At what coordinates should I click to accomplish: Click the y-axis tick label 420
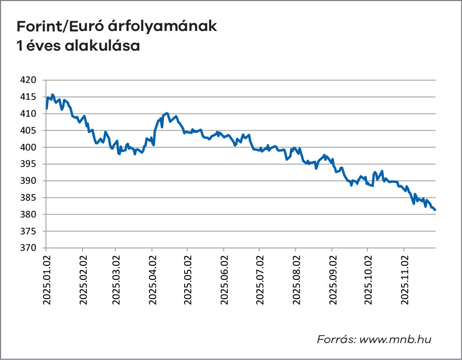pos(29,80)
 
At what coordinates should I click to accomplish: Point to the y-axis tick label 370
pos(29,248)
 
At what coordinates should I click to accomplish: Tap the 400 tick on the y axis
pos(29,148)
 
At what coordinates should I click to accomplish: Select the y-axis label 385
pos(29,198)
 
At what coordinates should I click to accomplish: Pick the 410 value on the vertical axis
pos(29,114)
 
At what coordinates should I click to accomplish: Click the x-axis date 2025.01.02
pos(47,280)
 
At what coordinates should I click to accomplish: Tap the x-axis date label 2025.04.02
pos(152,280)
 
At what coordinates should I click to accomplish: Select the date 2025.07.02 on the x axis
pos(259,280)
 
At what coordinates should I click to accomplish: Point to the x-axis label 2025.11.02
pos(404,280)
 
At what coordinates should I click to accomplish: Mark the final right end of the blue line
pos(435,210)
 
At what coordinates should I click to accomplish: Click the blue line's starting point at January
pos(47,108)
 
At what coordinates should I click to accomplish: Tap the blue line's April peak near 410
pos(167,113)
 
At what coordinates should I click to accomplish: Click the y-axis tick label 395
pos(29,164)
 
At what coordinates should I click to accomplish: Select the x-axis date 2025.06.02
pos(224,280)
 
